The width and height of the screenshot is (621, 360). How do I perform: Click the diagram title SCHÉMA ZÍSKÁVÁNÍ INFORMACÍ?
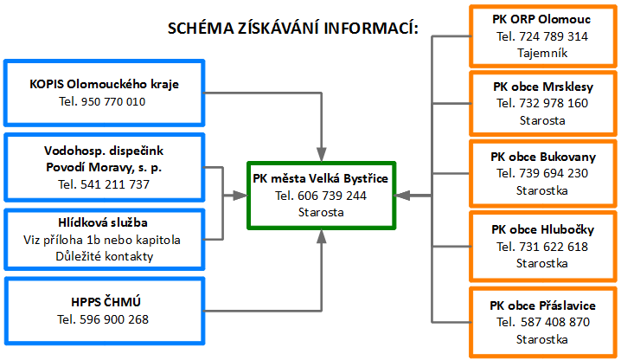point(293,28)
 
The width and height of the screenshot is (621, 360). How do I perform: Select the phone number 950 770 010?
point(113,101)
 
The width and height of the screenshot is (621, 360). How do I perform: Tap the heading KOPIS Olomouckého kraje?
point(104,84)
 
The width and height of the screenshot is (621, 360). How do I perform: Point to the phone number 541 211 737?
point(115,184)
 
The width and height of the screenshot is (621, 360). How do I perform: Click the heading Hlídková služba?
point(103,222)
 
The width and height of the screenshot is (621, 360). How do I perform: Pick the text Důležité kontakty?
point(104,256)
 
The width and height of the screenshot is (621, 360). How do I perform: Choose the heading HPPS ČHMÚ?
point(106,302)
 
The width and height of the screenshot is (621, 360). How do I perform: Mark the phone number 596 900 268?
point(114,319)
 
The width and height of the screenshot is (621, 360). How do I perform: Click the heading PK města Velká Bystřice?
point(320,178)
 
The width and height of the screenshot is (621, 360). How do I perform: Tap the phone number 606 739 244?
point(332,196)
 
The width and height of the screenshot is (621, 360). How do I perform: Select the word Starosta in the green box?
point(321,212)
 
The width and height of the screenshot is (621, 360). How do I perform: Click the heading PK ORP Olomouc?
point(541,19)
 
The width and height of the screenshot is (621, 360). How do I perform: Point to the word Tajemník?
point(542,53)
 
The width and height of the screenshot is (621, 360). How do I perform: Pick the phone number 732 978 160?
point(554,103)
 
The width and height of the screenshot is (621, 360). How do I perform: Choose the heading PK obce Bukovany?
point(543,157)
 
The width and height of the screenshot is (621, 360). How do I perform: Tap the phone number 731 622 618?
point(554,247)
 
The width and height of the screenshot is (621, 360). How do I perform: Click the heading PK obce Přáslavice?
point(542,305)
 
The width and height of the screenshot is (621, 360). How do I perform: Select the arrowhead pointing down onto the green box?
point(322,155)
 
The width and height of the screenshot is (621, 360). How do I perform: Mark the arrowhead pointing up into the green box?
point(322,237)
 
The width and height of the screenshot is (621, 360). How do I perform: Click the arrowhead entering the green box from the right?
point(402,196)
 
